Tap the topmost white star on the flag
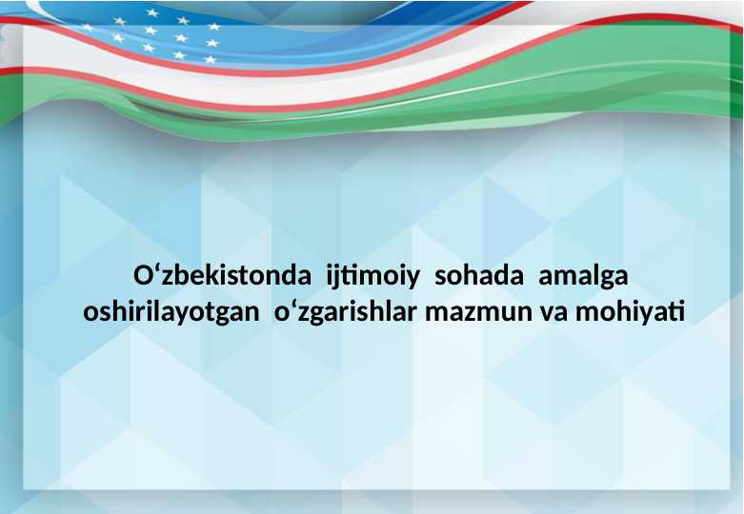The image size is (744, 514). coord(152,12)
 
